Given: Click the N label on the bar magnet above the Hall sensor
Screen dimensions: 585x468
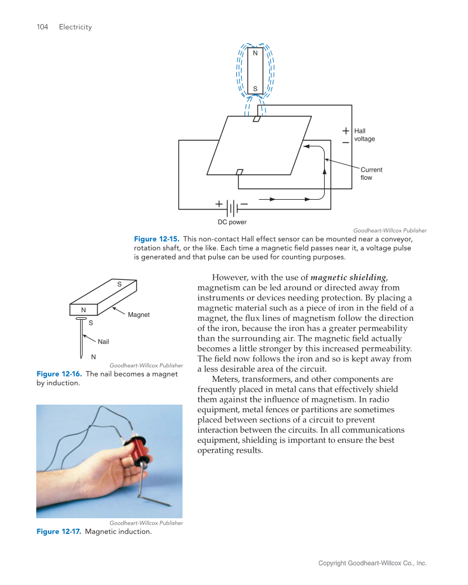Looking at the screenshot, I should [x=255, y=53].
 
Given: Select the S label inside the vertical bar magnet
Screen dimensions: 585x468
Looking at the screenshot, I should [x=255, y=89].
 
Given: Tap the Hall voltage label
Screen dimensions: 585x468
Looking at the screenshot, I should [x=364, y=135].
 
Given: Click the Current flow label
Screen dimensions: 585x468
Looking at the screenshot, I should [x=371, y=173].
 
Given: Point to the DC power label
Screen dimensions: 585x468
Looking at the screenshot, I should [x=232, y=223].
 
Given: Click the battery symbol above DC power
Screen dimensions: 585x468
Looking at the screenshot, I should [x=232, y=208].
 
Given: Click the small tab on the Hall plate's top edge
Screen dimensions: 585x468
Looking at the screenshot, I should [x=256, y=119].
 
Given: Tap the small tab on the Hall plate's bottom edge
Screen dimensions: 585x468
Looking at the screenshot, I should [x=239, y=172].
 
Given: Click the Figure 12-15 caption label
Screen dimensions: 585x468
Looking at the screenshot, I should [x=157, y=239].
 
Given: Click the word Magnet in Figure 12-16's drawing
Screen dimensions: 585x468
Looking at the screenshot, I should [x=139, y=314].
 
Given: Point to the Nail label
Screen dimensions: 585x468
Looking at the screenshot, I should [x=104, y=341].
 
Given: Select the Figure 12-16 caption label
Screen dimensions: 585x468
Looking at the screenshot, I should [x=59, y=374].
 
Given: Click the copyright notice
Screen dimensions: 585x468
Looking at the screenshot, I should [x=372, y=563].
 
